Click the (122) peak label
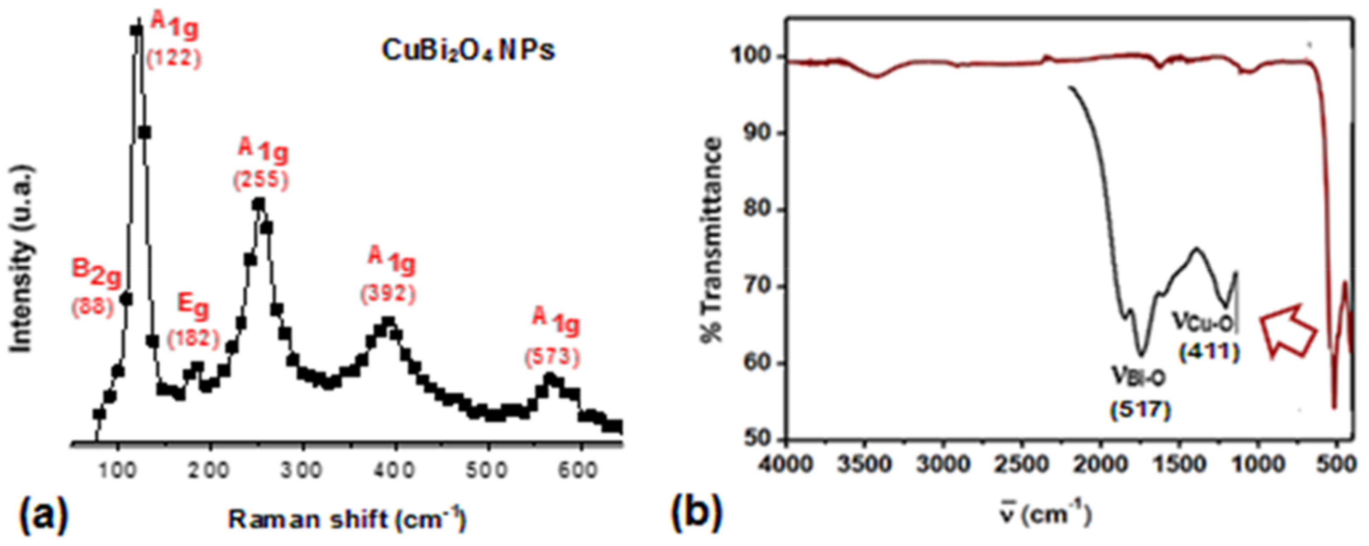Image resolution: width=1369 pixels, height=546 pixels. [x=174, y=58]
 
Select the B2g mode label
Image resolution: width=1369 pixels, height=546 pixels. [x=97, y=273]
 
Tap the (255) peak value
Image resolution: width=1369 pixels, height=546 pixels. [x=261, y=180]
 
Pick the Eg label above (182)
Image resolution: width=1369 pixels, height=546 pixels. [x=193, y=307]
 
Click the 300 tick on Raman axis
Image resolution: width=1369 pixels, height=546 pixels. [x=303, y=470]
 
